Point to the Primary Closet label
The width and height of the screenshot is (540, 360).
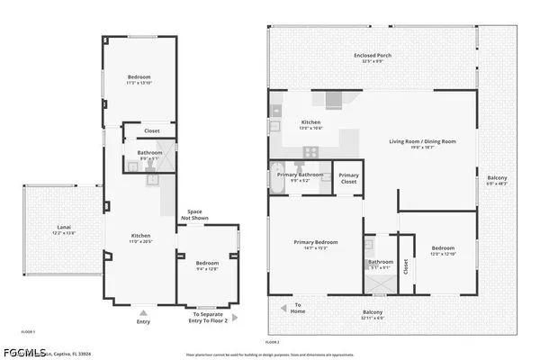(349, 178)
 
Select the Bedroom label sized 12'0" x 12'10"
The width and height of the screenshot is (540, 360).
(443, 250)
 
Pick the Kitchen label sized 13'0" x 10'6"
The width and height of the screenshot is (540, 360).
(310, 124)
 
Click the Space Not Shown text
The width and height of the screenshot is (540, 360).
(194, 214)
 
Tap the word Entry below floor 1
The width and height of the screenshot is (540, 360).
(144, 321)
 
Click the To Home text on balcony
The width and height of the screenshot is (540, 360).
(298, 308)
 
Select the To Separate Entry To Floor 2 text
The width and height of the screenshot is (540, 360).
(207, 317)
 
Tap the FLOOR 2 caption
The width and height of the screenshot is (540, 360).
(273, 342)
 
